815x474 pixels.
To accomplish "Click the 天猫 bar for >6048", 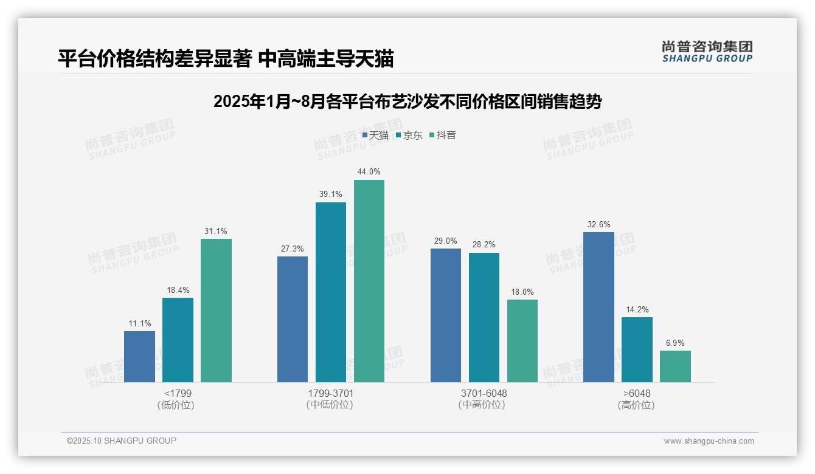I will (x=598, y=307).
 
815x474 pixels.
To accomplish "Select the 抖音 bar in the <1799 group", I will (x=216, y=310).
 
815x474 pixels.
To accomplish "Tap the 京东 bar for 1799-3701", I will (x=331, y=292).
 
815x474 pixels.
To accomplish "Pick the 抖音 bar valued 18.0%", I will (x=522, y=340).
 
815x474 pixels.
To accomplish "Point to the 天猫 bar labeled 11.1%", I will (x=139, y=356).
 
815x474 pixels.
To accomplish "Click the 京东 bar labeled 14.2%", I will (x=637, y=349).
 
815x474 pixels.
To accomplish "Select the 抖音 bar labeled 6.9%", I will (x=675, y=366).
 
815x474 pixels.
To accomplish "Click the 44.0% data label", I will (x=369, y=172).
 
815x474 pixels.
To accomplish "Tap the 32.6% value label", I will (x=598, y=224).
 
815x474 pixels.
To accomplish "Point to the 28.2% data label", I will (x=484, y=245).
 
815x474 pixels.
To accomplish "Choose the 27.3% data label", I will (x=293, y=249).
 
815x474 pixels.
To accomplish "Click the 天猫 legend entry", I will (x=375, y=136).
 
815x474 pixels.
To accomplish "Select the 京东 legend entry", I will (x=409, y=136).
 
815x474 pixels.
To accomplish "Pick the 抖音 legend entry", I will (x=443, y=136).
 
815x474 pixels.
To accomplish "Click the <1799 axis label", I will (x=178, y=393).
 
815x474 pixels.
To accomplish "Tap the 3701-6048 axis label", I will (x=484, y=393).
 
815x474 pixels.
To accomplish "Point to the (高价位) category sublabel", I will (x=636, y=405).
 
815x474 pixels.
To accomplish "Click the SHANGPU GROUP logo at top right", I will (x=707, y=51).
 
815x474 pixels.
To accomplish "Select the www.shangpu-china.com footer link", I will (x=709, y=441).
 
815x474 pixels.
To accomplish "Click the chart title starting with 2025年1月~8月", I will (x=407, y=101).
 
